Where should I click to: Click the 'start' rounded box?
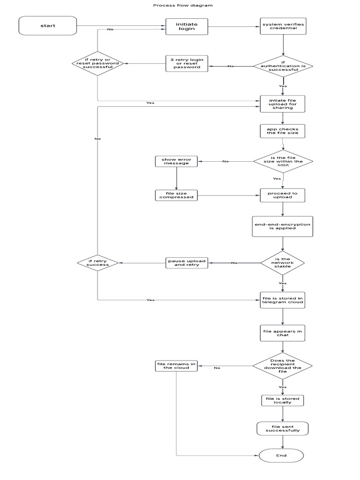coord(47,26)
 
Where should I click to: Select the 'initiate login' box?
coord(186,26)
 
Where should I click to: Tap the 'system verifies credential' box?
coord(283,26)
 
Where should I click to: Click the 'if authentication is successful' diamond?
coord(283,66)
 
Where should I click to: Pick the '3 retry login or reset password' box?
coord(187,64)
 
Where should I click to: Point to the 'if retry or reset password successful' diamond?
coord(98,64)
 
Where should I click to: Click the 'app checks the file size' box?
coord(283,131)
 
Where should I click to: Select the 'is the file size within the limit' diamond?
coord(283,162)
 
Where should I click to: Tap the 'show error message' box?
coord(176,162)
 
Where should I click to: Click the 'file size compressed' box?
coord(176,195)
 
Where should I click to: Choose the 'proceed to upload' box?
coord(283,195)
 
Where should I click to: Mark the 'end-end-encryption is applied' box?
coord(282,227)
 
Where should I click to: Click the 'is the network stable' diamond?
coord(283,262)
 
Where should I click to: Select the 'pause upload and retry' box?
coord(187,262)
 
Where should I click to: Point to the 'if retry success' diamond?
coord(97,262)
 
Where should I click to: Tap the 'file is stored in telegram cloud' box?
coord(283,300)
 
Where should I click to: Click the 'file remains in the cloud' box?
coord(176,366)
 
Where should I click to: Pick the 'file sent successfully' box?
coord(283,428)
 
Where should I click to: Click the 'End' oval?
coord(281,455)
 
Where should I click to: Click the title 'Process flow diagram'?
coord(183,6)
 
